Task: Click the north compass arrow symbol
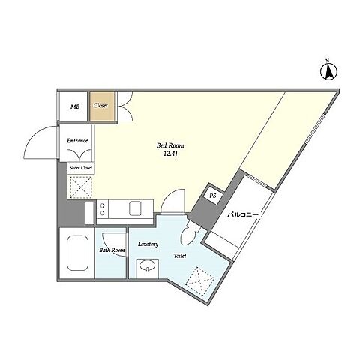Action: click(x=328, y=71)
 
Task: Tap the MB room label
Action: click(x=75, y=106)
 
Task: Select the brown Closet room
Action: click(x=102, y=106)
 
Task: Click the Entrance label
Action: click(x=77, y=141)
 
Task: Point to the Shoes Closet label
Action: click(x=81, y=168)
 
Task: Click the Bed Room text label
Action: click(x=170, y=145)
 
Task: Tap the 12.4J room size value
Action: click(x=170, y=154)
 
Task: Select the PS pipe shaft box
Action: click(x=213, y=196)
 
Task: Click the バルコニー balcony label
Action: click(x=243, y=214)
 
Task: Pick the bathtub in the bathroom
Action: click(x=78, y=253)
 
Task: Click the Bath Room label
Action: click(x=112, y=250)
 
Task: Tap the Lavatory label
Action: click(x=148, y=244)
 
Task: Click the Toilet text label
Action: click(x=180, y=256)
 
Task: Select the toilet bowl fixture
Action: click(x=190, y=233)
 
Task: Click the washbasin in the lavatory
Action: click(x=148, y=266)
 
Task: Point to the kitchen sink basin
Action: click(x=135, y=208)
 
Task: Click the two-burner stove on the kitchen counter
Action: click(x=103, y=209)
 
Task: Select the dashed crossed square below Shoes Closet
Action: click(x=81, y=187)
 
